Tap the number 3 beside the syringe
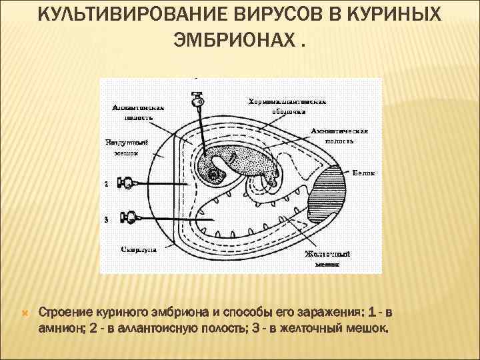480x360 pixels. tap(106, 218)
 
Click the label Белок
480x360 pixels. tap(363, 173)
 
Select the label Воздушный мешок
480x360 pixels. tap(122, 147)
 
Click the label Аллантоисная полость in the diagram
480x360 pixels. tap(138, 111)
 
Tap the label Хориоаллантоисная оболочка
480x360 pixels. tap(287, 107)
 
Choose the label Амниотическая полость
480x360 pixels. tap(340, 136)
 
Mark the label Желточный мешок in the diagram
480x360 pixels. tap(327, 258)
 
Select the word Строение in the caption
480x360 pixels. tap(62, 312)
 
